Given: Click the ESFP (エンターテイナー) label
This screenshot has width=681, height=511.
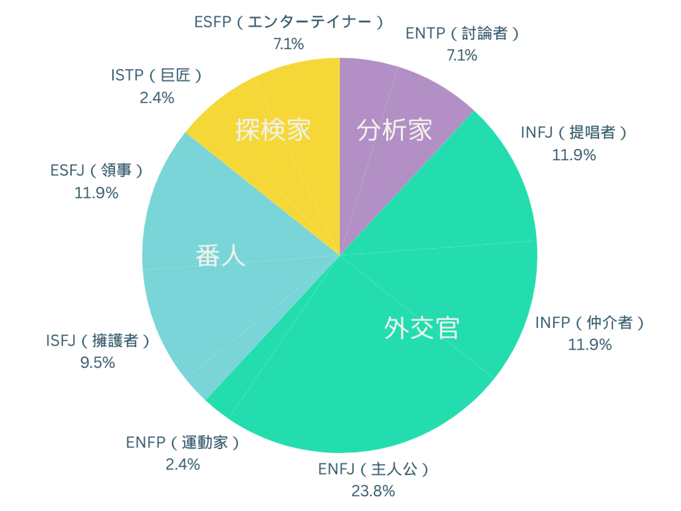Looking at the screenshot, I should (288, 22).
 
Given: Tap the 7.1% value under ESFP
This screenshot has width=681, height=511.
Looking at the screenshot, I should (288, 44).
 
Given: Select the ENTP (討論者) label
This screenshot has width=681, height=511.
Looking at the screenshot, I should (462, 34).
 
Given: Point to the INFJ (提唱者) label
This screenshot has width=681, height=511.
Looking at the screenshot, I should (574, 132).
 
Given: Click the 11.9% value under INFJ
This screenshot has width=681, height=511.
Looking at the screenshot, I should (574, 155).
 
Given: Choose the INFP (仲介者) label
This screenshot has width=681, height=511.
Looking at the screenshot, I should (589, 323).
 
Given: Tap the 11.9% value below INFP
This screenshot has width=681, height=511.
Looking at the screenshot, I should (589, 344).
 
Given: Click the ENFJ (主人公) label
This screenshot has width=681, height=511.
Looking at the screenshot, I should (373, 469).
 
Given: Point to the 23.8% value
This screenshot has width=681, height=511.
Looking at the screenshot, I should (373, 491).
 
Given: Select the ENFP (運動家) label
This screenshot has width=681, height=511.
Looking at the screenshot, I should (183, 442).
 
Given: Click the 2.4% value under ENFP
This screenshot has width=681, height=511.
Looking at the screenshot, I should (183, 464).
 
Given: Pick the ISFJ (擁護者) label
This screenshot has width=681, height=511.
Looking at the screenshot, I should (97, 341).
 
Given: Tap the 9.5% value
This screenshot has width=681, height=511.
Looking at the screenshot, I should (97, 362).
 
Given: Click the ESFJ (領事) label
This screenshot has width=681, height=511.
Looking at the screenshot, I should (96, 170).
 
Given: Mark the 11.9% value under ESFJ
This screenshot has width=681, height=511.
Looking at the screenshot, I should (96, 193).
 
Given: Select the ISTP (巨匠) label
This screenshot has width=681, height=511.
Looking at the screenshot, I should (157, 75).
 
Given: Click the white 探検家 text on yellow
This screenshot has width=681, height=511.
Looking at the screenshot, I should (273, 130).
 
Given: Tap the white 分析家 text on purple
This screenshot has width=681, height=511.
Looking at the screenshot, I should (394, 130).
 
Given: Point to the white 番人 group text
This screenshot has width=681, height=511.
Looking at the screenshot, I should (220, 256).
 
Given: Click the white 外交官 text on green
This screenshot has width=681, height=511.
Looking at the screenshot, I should (421, 328).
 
